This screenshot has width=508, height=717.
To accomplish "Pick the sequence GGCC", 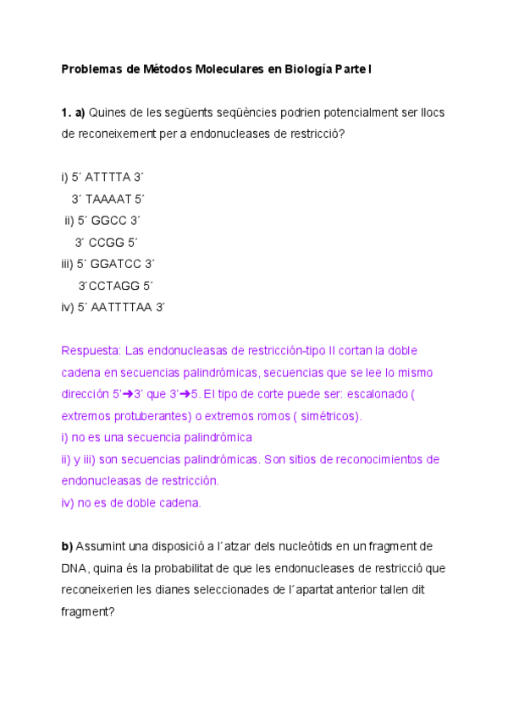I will click(108, 221).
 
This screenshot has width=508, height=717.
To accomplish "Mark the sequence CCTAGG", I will click(114, 286).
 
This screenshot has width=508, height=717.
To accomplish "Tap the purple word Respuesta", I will click(91, 351).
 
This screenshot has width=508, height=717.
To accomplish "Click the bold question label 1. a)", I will click(73, 112).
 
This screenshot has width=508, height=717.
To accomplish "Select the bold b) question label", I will click(68, 546).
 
